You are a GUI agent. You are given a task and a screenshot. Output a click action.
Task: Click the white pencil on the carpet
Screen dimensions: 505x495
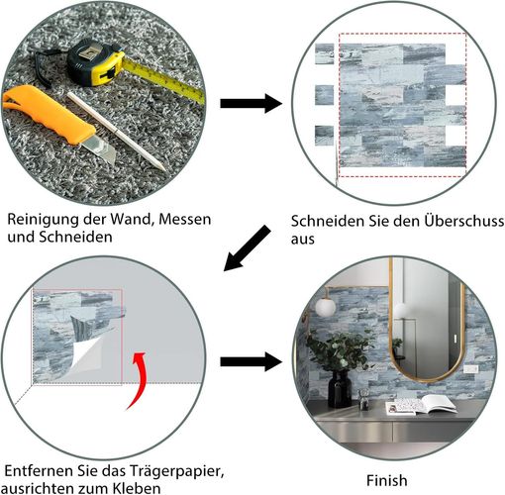(x=117, y=132)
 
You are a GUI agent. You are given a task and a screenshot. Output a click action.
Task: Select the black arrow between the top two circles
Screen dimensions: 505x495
(x=252, y=103)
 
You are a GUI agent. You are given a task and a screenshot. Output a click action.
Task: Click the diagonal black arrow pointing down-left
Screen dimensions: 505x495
(x=248, y=248)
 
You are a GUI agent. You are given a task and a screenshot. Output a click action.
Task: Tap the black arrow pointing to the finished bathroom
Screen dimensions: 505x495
(x=252, y=361)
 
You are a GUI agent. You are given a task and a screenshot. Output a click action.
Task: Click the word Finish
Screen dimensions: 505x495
(x=386, y=480)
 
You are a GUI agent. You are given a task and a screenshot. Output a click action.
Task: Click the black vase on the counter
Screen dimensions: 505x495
(x=340, y=389)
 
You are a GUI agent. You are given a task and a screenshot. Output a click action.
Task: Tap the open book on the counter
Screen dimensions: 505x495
(x=422, y=405)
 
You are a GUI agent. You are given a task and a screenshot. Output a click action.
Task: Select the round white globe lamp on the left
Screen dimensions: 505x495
(x=325, y=307)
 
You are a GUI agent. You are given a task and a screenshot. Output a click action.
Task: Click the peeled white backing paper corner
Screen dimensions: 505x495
(x=86, y=354)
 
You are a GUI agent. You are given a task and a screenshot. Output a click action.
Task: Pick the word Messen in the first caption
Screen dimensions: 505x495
(x=185, y=220)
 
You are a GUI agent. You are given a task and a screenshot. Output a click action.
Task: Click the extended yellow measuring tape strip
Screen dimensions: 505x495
(x=163, y=79)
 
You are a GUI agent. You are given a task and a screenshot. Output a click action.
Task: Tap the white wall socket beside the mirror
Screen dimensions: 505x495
(x=470, y=369)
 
